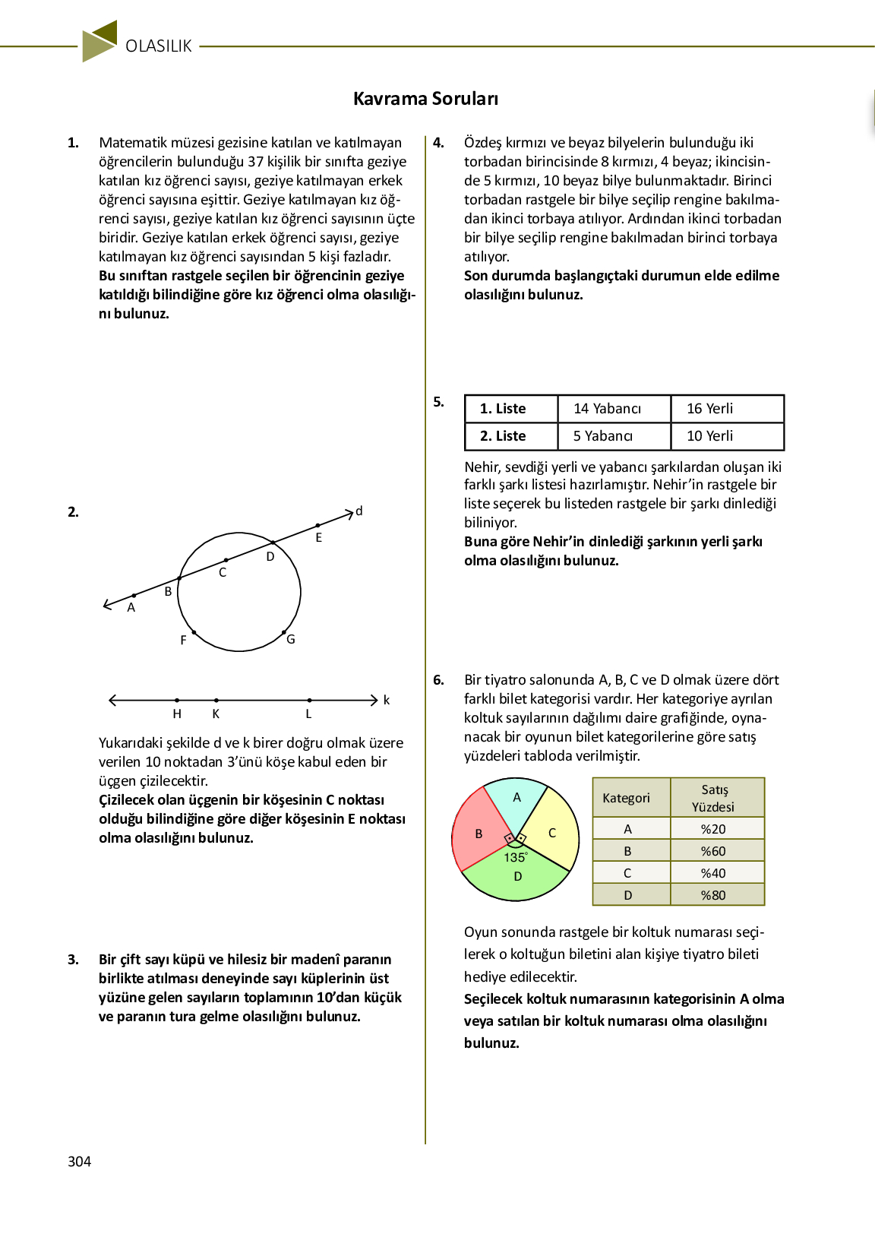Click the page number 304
coord(79,1161)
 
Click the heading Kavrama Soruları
coord(425,99)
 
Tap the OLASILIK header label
coord(159,46)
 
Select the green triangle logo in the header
coord(100,41)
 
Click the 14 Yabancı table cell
coord(607,409)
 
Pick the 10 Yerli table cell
coord(709,436)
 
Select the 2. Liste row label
coord(502,436)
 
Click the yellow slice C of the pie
coord(552,833)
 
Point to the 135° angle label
coord(515,857)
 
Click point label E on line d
coord(319,538)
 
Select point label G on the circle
coord(291,640)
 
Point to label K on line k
coord(216,714)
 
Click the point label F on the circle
coord(183,641)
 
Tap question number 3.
coord(73,960)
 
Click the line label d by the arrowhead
coord(359,511)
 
